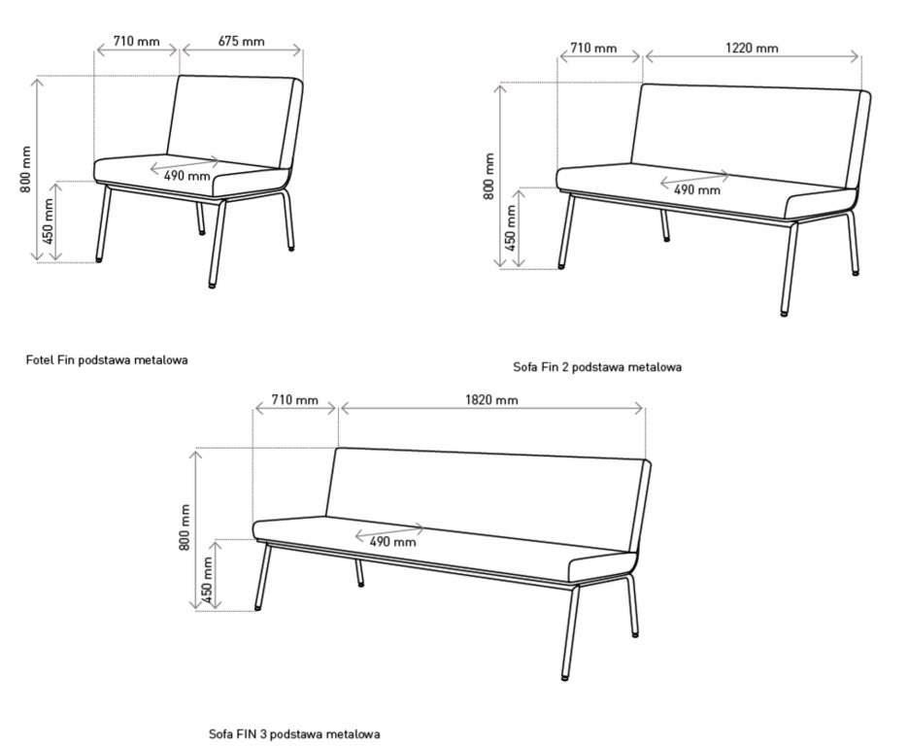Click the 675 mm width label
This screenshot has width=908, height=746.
[241, 41]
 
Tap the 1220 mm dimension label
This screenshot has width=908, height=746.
[752, 48]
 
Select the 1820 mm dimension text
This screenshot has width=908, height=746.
[491, 399]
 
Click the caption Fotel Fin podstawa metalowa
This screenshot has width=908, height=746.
[107, 359]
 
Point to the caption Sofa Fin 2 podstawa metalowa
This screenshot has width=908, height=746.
[597, 366]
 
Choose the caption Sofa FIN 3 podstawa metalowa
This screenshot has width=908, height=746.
[294, 733]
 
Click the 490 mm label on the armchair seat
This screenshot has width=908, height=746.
[186, 176]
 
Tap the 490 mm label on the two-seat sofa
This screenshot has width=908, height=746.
[697, 189]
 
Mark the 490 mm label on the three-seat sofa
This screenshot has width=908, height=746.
[392, 542]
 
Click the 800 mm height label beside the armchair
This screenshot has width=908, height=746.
[25, 169]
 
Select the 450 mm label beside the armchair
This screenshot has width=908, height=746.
[48, 221]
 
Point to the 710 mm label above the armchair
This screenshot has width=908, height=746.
[136, 41]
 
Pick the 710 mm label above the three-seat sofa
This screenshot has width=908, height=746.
[295, 399]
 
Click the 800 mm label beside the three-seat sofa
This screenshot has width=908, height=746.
[185, 527]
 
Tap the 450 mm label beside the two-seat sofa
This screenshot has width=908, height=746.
[510, 227]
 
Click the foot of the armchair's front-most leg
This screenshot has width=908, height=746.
[212, 285]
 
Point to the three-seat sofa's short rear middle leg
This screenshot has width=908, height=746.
[359, 573]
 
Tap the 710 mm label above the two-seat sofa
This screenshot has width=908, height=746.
[593, 48]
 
